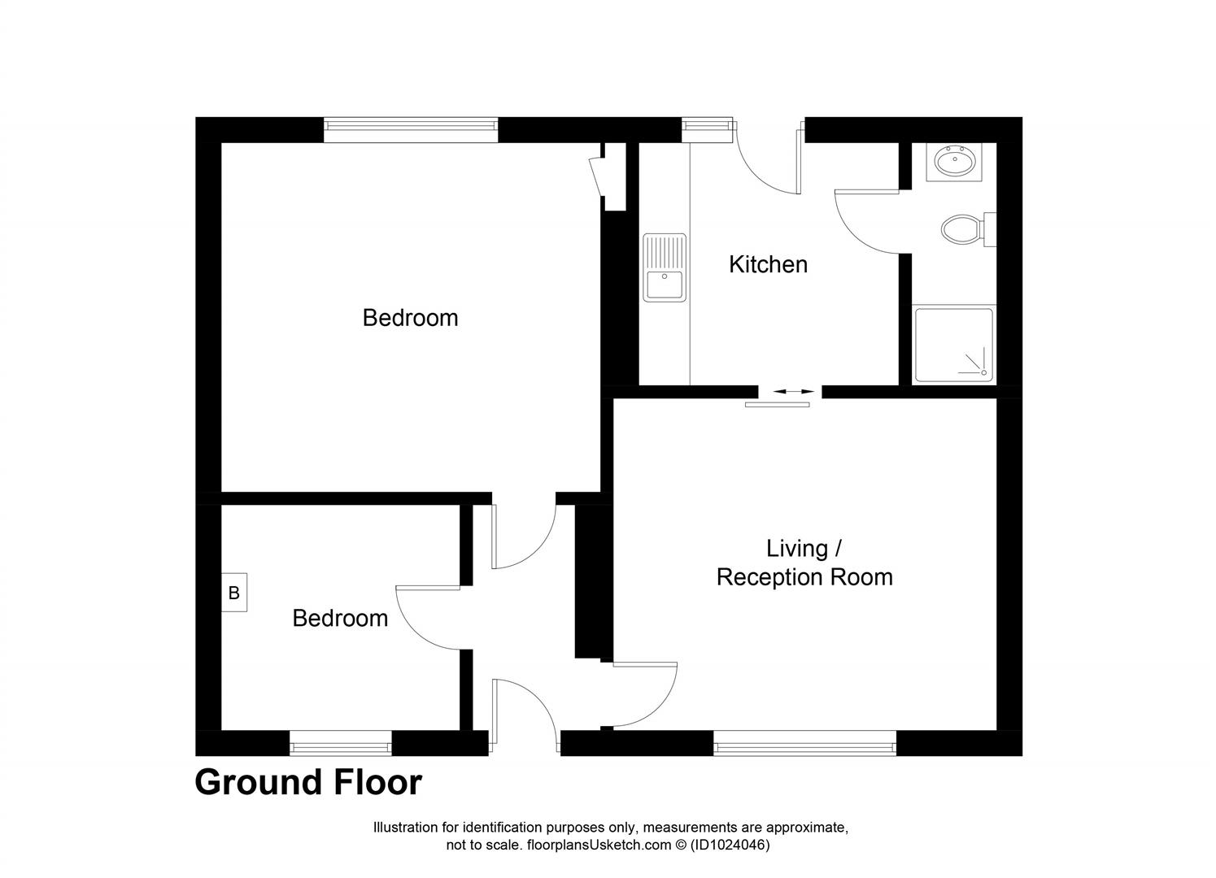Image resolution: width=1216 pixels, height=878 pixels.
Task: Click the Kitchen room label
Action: [x=768, y=264]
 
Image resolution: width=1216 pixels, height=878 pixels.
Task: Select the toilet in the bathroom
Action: [x=963, y=228]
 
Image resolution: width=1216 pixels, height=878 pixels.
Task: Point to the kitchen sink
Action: [x=665, y=268]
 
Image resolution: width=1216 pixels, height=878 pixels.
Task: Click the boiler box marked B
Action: [x=234, y=593]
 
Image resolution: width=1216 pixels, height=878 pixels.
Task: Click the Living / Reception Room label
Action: [x=804, y=563]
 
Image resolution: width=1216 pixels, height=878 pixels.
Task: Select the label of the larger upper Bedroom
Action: [x=410, y=317]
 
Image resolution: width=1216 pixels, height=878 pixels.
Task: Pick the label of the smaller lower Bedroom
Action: [x=340, y=618]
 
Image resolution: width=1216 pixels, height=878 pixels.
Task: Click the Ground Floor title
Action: [x=308, y=782]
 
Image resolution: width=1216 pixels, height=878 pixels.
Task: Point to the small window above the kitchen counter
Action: [x=706, y=124]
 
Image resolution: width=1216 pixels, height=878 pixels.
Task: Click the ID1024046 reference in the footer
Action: [x=729, y=845]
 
